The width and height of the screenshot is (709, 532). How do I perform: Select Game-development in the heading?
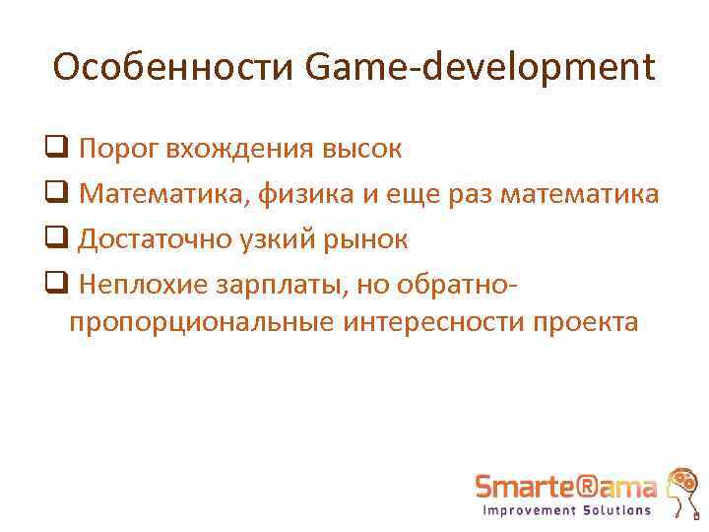481,68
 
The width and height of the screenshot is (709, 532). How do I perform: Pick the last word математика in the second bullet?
580,194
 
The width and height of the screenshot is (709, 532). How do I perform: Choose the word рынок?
367,238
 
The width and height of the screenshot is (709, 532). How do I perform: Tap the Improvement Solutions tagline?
566,510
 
